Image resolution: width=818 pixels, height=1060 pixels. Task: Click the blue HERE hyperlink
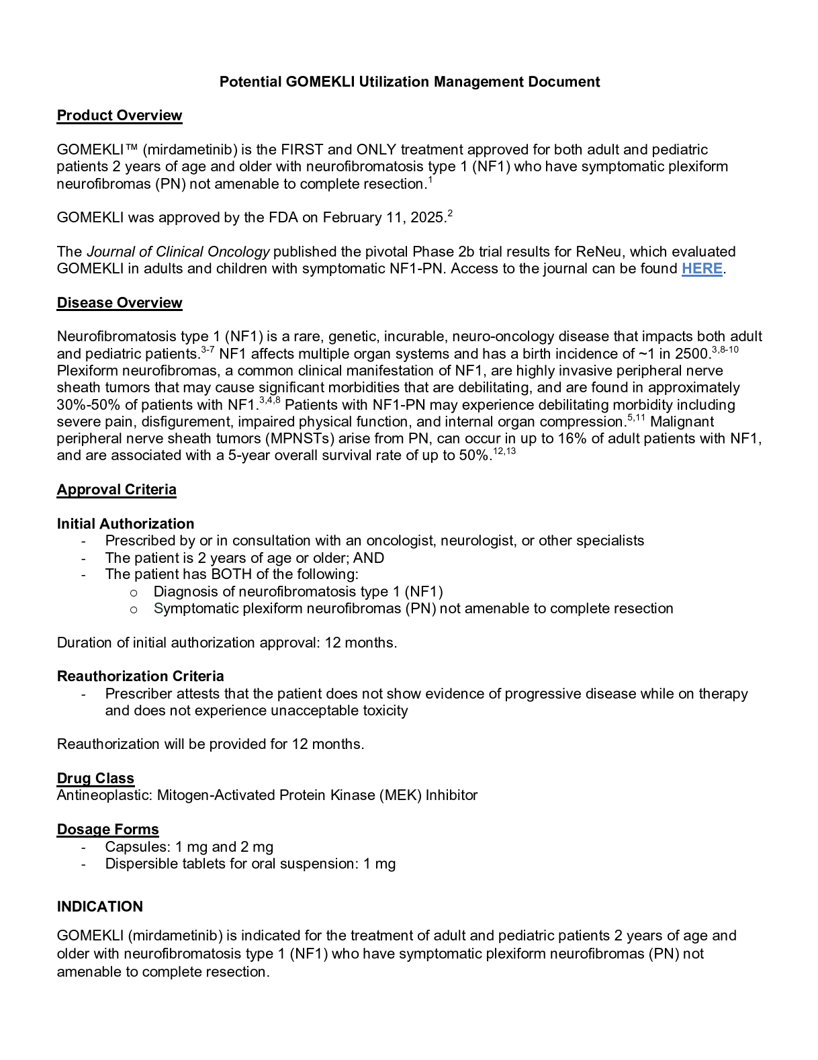pos(702,269)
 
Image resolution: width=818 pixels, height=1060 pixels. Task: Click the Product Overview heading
pos(120,116)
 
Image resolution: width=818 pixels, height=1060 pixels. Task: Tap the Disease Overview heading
pos(120,303)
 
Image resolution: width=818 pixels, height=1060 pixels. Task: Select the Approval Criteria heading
pos(116,490)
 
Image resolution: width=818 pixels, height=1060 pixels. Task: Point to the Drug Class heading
pos(95,779)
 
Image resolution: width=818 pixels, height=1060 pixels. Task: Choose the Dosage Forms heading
pos(107,830)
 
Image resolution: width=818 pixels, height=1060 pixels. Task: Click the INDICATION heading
pos(100,907)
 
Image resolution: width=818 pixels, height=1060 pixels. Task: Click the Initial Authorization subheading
pos(126,524)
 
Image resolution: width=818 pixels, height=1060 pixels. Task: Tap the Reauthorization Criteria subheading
pos(140,676)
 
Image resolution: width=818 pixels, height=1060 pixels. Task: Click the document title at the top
pos(410,82)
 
